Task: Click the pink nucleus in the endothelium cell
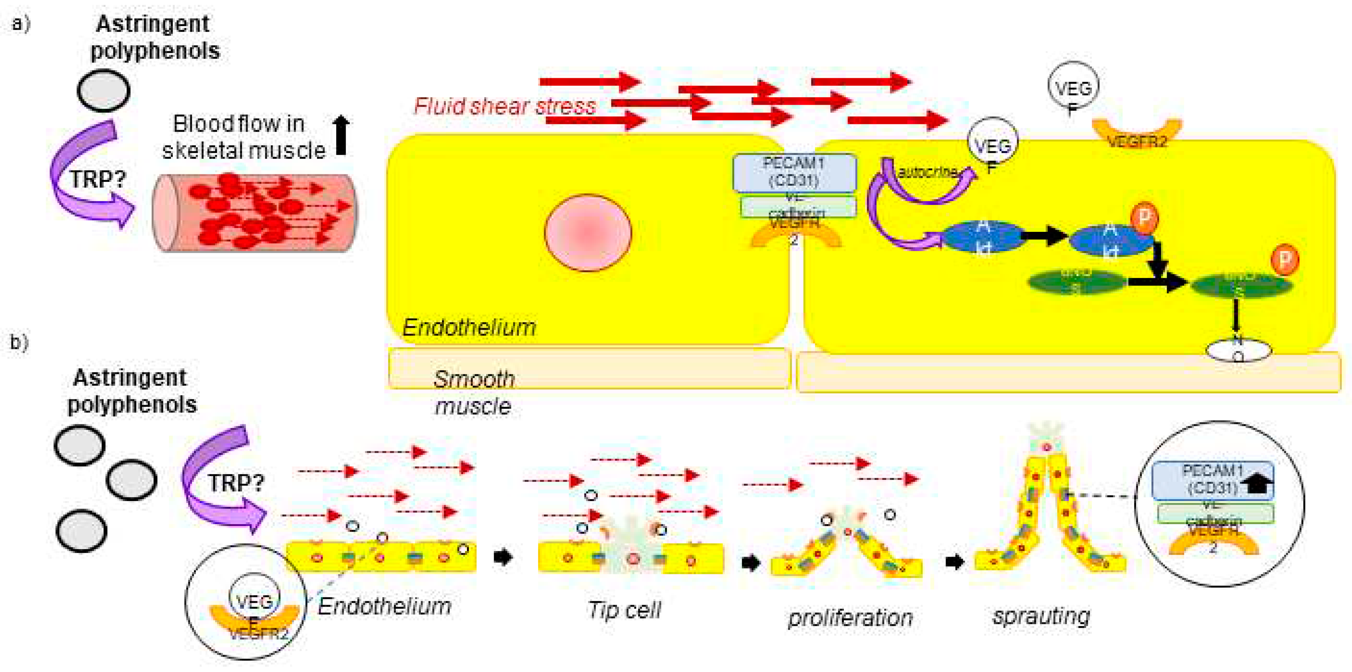(588, 233)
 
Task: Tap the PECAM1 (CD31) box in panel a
(794, 172)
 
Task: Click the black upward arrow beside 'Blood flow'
(341, 135)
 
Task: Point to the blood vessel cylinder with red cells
(254, 213)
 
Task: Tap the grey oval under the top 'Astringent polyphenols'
(103, 90)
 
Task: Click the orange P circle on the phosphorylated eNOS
(1284, 260)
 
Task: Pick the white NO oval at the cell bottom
(1238, 350)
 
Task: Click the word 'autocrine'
(928, 172)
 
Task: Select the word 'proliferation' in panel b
(850, 618)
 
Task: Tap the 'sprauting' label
(1041, 615)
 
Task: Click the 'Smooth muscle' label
(473, 393)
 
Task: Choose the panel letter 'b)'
(19, 342)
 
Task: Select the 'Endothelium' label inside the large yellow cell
(469, 327)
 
